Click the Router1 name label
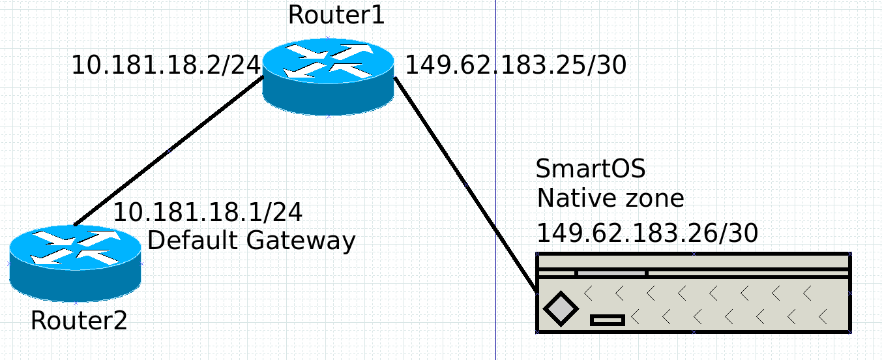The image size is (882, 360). point(336,14)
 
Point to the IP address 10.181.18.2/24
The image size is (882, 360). point(166,65)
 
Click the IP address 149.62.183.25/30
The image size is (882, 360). point(516,65)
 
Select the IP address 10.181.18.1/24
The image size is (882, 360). point(207,212)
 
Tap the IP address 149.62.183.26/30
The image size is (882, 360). point(647,233)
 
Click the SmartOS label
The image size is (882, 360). point(590,169)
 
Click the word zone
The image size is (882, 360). point(654,198)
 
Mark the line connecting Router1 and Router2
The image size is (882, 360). point(169,151)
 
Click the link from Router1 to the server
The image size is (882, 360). point(465,185)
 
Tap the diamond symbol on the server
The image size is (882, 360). point(561,308)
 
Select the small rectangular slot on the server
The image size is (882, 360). point(608,320)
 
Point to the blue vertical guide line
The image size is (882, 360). point(495,130)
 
